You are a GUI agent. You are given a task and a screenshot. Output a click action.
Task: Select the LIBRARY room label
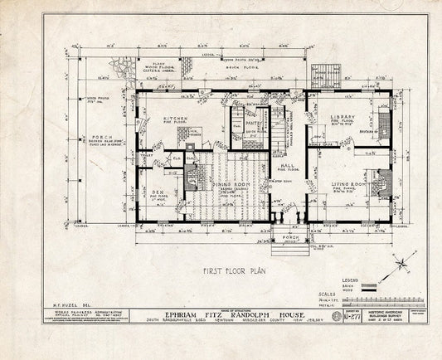pyautogui.click(x=343, y=116)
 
